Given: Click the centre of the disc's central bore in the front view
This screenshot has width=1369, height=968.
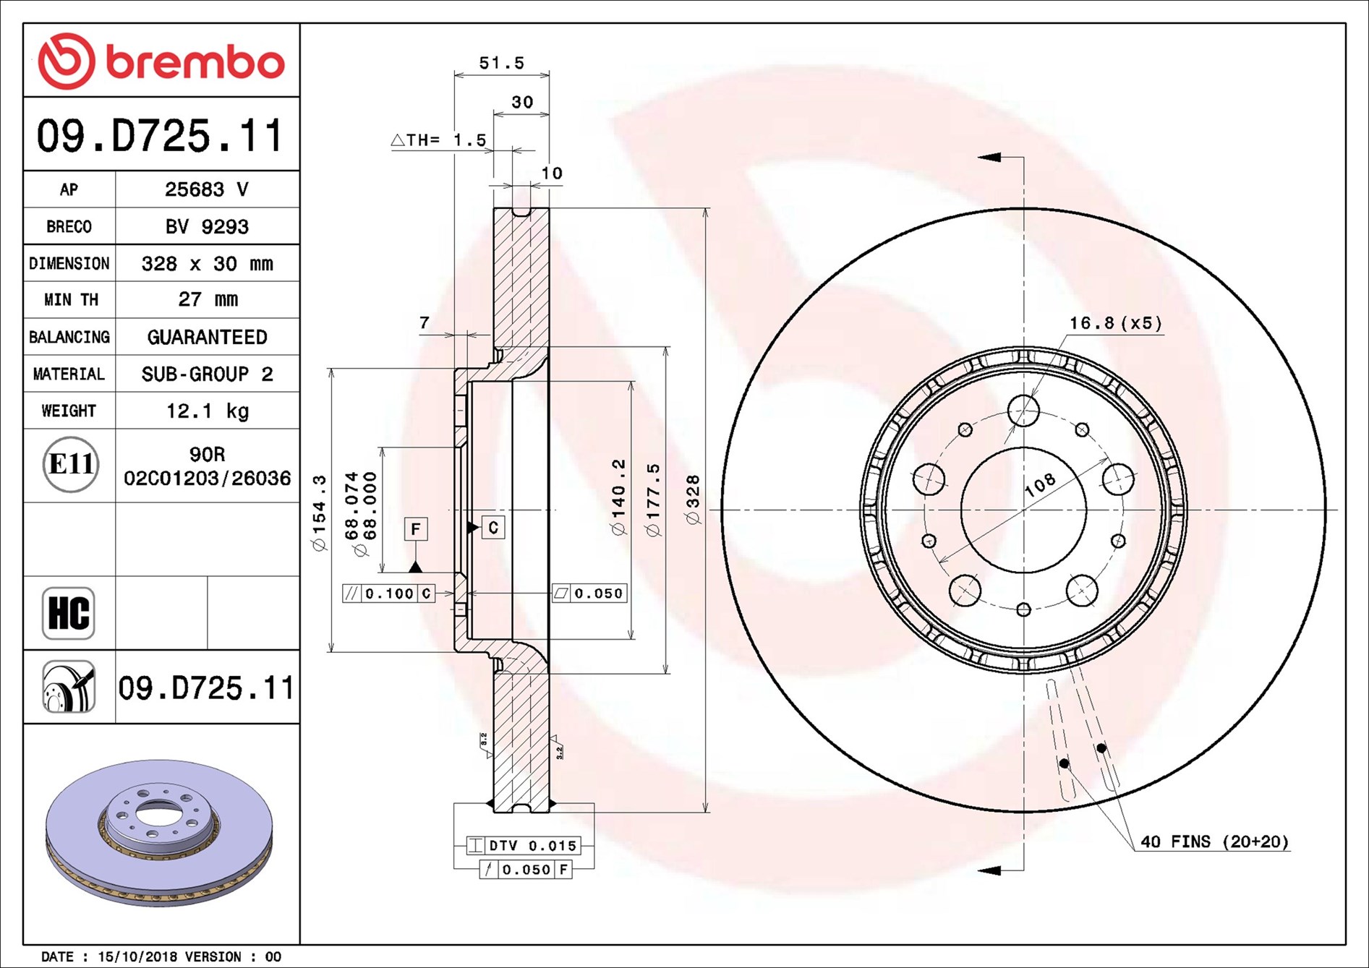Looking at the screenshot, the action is click(1023, 510).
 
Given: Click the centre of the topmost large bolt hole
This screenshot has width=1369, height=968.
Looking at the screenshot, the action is click(1023, 411).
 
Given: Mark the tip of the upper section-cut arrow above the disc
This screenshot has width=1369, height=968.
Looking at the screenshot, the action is click(978, 157).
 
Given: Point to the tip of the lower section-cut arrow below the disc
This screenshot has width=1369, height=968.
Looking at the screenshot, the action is click(978, 870).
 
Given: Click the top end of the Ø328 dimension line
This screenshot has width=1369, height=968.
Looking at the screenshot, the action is click(706, 208).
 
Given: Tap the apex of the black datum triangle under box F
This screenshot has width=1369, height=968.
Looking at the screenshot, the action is click(415, 561).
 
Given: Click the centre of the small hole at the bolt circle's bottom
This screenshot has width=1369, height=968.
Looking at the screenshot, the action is click(1023, 610).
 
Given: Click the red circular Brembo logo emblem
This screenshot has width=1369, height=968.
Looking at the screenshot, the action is click(66, 61).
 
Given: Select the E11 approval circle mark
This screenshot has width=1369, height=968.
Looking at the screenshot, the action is click(70, 464).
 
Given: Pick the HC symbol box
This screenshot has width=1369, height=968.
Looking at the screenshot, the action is click(69, 613).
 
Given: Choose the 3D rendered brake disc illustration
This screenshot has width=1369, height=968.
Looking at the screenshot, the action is click(159, 831).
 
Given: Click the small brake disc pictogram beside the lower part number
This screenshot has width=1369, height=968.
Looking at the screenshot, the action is click(69, 687).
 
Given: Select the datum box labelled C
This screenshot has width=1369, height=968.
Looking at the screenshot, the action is click(493, 528).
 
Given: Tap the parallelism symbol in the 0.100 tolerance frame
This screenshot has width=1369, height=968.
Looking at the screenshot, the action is click(351, 594).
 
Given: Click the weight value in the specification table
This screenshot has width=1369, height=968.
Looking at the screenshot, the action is click(208, 411).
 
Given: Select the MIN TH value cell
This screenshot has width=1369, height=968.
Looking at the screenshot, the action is click(208, 299).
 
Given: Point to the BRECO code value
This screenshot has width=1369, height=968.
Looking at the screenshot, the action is click(207, 226).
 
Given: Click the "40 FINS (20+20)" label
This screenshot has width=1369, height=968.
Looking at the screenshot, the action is click(1214, 841).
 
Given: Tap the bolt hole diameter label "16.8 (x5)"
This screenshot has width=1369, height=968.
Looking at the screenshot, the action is click(1116, 322).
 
